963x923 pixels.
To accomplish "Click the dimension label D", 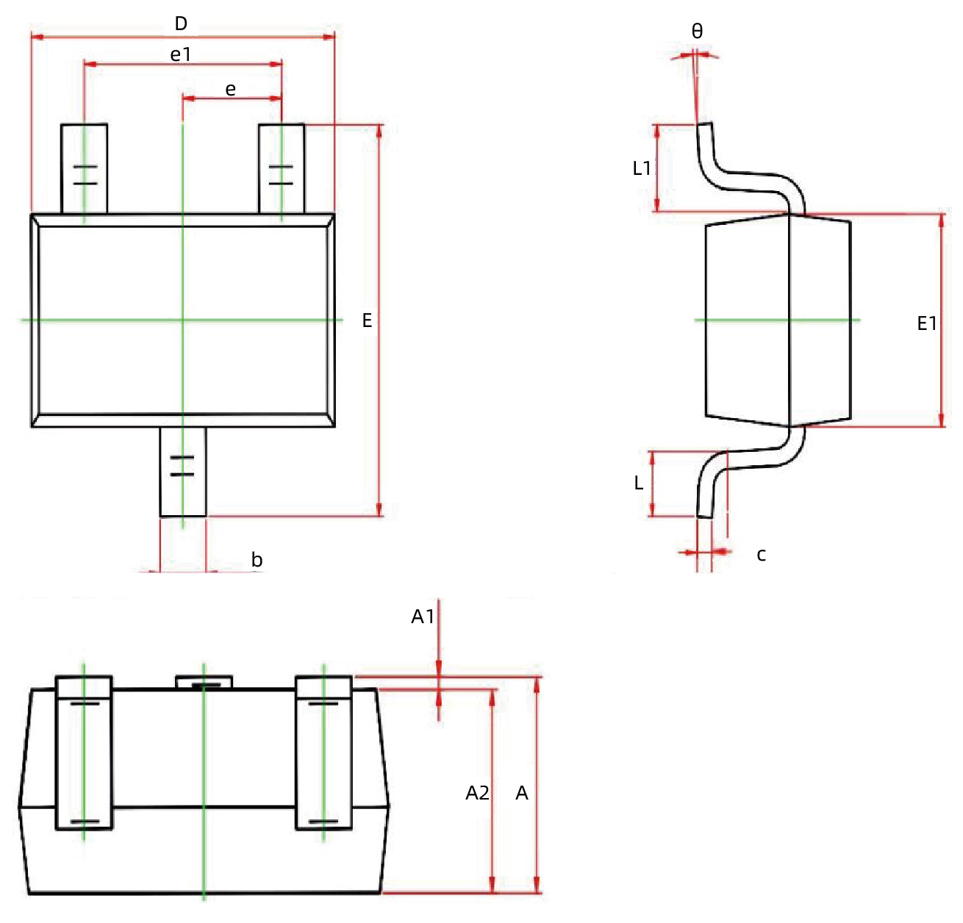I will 181,24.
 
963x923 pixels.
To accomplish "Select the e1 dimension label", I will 181,54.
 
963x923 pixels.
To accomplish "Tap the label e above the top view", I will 231,90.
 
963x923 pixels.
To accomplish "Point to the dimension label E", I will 367,320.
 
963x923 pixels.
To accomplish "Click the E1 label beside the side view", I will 927,323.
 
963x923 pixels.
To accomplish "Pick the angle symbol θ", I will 697,32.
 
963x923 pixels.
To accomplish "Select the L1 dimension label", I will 642,168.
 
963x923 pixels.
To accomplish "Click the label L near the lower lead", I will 639,483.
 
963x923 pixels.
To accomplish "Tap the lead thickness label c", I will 762,555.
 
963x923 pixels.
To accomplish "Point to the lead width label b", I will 257,560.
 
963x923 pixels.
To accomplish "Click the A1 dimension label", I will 423,617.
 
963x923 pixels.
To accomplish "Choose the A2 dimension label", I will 477,793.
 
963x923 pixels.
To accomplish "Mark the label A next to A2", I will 522,793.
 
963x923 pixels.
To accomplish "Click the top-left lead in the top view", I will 85,169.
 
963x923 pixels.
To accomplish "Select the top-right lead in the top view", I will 282,169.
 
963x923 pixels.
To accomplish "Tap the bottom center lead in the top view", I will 183,472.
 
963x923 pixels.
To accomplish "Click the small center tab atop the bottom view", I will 204,683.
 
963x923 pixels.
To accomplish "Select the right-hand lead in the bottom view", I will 323,753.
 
